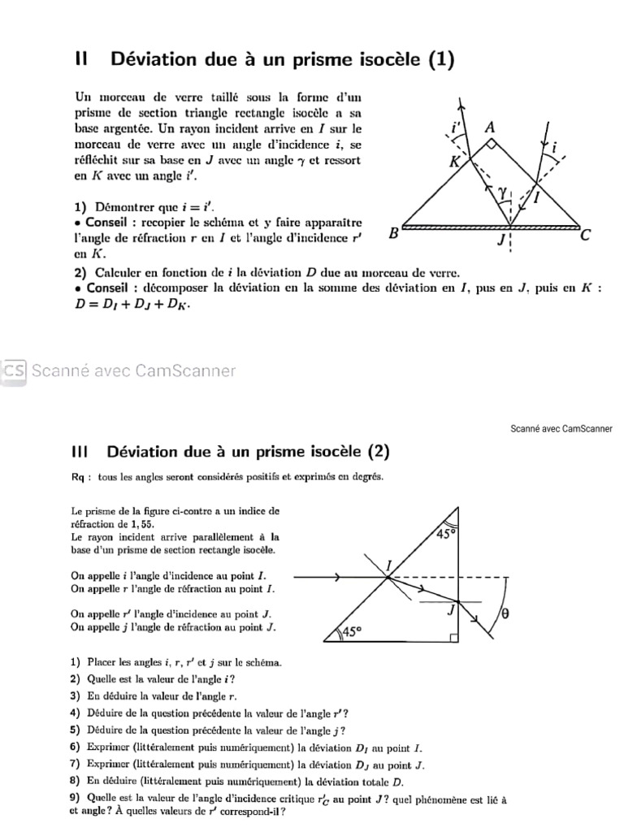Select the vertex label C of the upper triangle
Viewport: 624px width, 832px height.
pyautogui.click(x=586, y=236)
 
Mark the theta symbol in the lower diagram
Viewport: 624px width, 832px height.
pyautogui.click(x=505, y=614)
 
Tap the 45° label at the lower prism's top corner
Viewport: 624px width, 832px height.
pyautogui.click(x=446, y=534)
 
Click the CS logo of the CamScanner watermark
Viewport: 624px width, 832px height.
pyautogui.click(x=13, y=370)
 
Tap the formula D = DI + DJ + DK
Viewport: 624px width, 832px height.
pyautogui.click(x=126, y=305)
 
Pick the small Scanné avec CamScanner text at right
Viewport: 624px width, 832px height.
pyautogui.click(x=561, y=429)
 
